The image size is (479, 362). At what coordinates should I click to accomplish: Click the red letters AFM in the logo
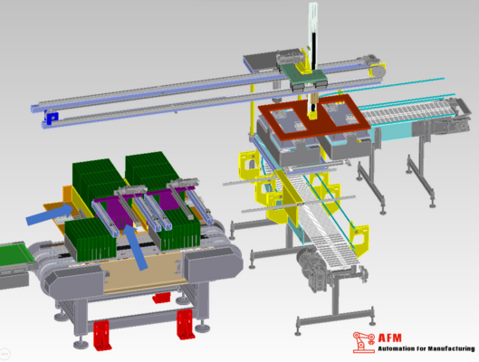(389, 338)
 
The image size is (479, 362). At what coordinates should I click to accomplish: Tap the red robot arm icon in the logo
(363, 342)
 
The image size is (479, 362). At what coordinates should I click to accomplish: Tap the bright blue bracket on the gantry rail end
(52, 117)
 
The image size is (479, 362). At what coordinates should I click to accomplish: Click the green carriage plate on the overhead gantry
(304, 75)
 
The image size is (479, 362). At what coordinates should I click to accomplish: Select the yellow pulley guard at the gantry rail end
(378, 71)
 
